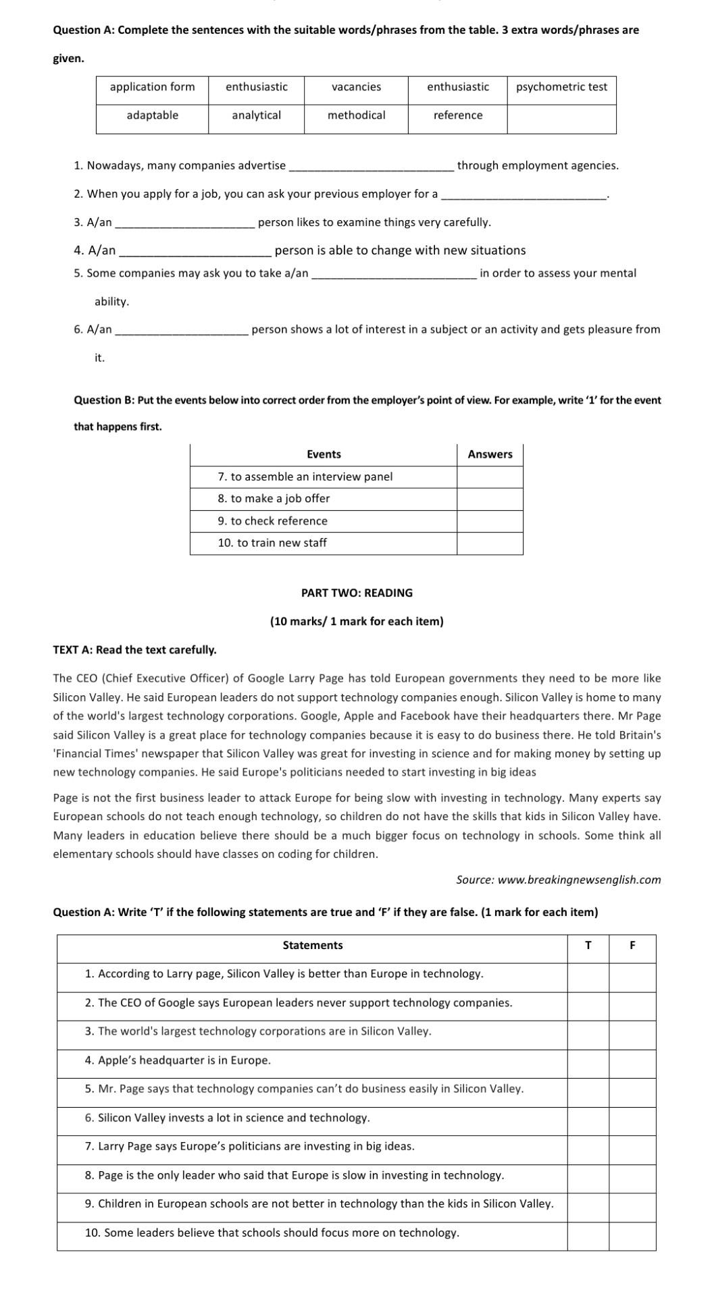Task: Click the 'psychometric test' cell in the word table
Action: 561,87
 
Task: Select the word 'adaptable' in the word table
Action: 153,115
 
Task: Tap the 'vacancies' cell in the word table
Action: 356,87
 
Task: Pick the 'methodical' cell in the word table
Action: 356,115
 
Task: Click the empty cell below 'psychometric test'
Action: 561,119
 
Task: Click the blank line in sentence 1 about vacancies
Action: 371,166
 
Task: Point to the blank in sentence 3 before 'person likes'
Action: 184,223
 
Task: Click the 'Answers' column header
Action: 490,454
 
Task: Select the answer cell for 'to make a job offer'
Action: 490,499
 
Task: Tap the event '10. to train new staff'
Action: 272,543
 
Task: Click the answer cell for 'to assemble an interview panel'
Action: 490,477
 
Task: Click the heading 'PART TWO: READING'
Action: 357,593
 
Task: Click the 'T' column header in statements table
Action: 588,945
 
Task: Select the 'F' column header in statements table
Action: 632,945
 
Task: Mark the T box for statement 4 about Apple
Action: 588,1060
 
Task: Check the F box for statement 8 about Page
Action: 632,1175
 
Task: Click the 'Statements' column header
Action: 312,945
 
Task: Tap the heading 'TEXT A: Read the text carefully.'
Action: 135,649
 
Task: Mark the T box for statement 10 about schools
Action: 588,1233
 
